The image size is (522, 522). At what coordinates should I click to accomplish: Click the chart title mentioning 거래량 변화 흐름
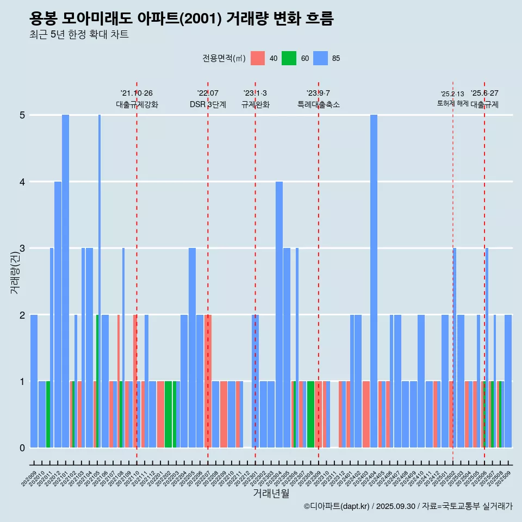click(181, 18)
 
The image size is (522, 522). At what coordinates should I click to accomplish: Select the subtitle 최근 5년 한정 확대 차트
click(79, 35)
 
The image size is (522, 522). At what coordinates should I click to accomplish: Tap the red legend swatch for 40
click(258, 58)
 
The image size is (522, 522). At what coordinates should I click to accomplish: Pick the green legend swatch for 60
click(289, 58)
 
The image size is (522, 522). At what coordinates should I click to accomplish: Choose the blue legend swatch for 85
click(320, 58)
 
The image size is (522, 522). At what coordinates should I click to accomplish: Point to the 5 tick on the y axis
click(22, 115)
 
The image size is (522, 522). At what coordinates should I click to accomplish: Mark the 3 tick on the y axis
click(22, 248)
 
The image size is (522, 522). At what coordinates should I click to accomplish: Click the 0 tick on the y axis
click(22, 448)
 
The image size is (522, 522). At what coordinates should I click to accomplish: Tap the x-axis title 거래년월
click(271, 493)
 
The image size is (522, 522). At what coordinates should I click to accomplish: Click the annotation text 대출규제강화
click(136, 104)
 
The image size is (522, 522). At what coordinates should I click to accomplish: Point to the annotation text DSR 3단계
click(208, 104)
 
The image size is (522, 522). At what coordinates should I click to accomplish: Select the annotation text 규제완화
click(255, 104)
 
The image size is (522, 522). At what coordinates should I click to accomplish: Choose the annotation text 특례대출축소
click(318, 104)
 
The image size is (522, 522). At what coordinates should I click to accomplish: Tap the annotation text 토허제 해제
click(452, 103)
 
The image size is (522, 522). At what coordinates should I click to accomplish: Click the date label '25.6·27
click(484, 94)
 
